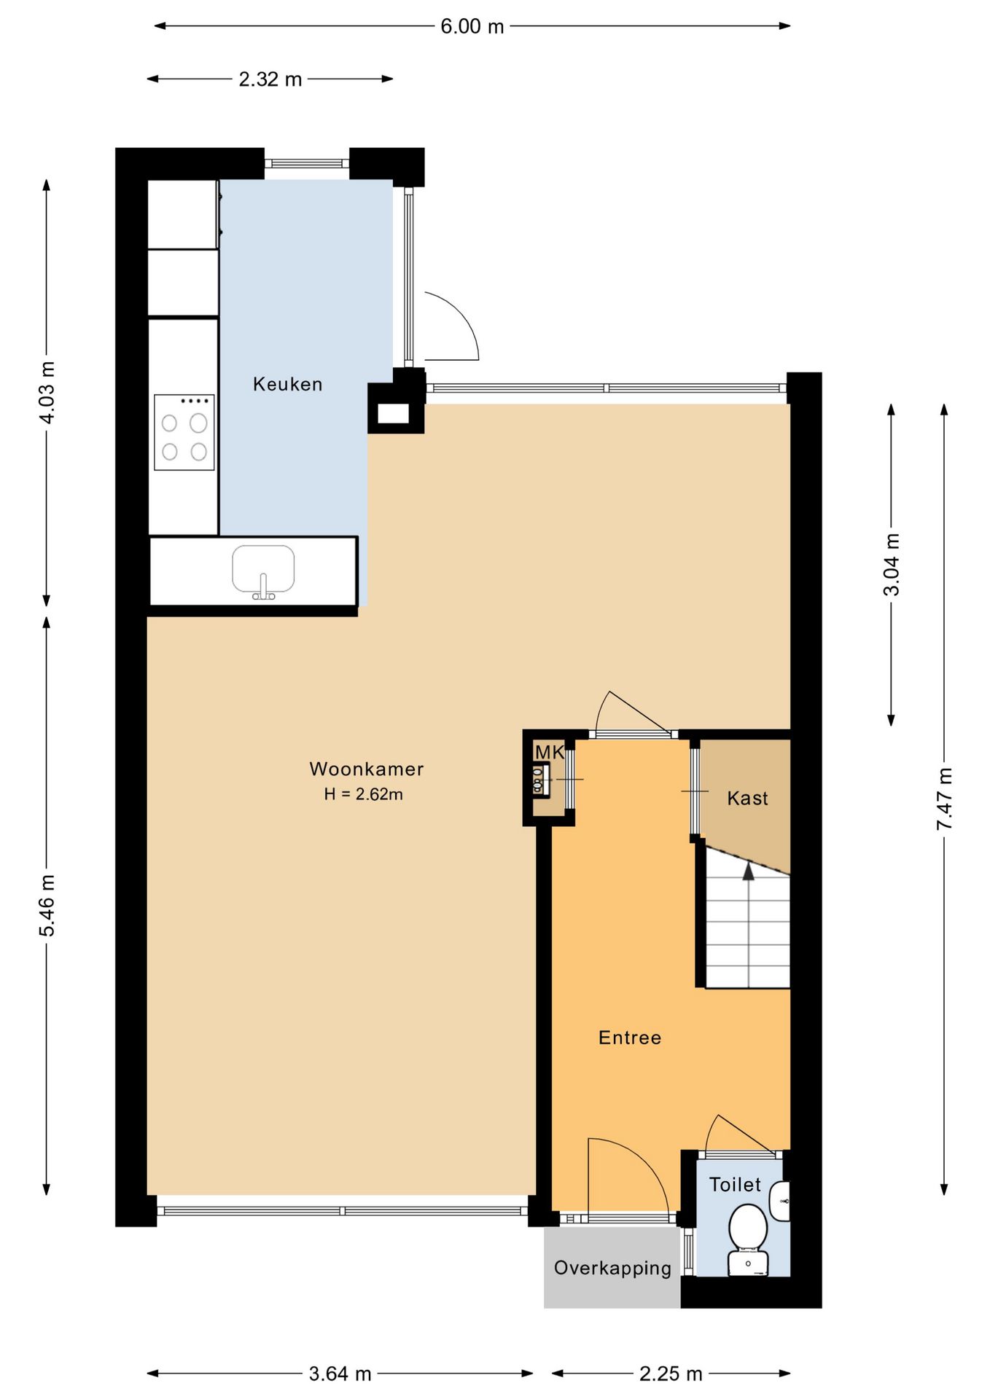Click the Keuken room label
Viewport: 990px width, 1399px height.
[x=287, y=384]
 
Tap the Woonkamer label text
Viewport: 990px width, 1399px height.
[x=366, y=769]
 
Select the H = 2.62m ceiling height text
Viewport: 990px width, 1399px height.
[x=364, y=794]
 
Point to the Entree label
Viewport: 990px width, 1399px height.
[x=630, y=1038]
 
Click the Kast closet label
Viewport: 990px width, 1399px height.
[x=747, y=799]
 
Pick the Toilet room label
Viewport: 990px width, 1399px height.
[x=735, y=1185]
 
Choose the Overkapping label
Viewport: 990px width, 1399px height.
[x=612, y=1269]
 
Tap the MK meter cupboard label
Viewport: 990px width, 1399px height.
[x=550, y=752]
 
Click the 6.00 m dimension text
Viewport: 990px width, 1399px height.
[x=472, y=27]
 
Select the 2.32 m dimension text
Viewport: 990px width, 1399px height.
[x=270, y=79]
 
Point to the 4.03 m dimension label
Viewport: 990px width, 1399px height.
[x=47, y=392]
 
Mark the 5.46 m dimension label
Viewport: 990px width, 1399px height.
[x=47, y=906]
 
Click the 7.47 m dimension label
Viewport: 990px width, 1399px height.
[x=944, y=799]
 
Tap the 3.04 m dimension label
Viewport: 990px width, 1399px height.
[x=892, y=565]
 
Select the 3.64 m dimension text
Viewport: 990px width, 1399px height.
[x=340, y=1374]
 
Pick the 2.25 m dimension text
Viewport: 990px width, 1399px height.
[x=671, y=1374]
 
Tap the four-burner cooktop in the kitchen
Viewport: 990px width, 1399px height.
[x=184, y=432]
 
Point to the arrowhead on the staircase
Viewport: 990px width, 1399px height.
[x=749, y=871]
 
